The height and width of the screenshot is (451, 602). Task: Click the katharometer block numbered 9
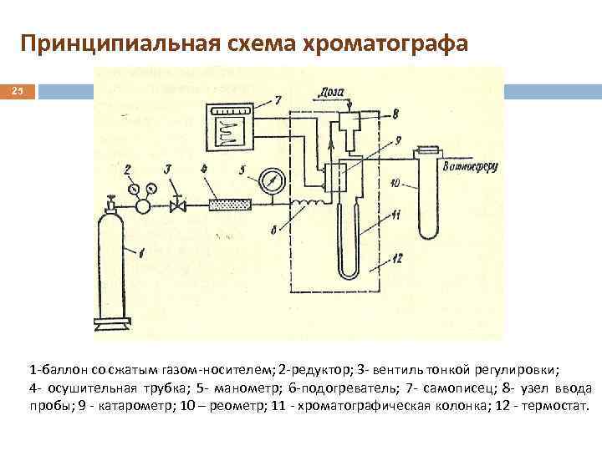point(336,178)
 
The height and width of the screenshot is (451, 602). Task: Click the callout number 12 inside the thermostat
point(397,260)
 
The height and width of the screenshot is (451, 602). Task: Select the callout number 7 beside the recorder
point(278,100)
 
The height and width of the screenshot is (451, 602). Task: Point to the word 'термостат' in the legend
point(552,407)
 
